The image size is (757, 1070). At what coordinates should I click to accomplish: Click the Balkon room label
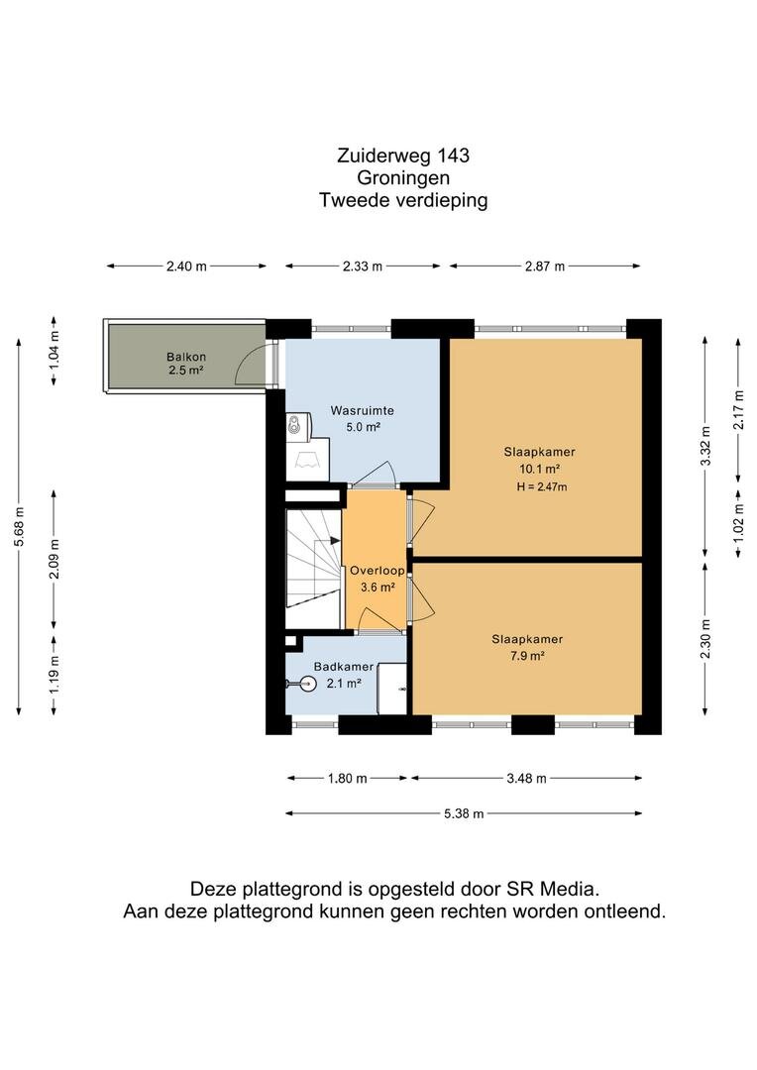coord(185,357)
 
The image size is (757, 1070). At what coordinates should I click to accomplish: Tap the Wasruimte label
coord(362,411)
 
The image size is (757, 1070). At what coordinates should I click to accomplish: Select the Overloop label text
coord(378,571)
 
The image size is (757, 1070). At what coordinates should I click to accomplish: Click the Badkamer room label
coord(344,667)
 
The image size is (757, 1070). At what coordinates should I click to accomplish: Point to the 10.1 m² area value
coord(540,469)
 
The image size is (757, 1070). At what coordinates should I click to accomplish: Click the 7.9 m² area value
coord(527,657)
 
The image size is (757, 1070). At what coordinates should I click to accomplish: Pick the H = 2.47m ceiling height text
coord(542,486)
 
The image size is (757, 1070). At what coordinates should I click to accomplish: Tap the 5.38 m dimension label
coord(464,813)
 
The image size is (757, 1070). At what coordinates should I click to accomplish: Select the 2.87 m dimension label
coord(545,267)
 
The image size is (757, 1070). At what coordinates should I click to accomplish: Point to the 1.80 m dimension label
coord(348,778)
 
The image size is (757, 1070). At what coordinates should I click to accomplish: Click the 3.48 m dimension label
coord(526,778)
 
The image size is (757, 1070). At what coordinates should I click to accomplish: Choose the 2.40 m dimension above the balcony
coord(186,267)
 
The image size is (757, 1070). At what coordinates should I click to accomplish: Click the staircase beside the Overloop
coord(313,568)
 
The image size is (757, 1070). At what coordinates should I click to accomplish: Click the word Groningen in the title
coord(403,178)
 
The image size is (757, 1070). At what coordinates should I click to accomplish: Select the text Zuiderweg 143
coord(403,156)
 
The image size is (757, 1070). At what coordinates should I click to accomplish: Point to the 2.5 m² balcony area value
coord(186,371)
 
